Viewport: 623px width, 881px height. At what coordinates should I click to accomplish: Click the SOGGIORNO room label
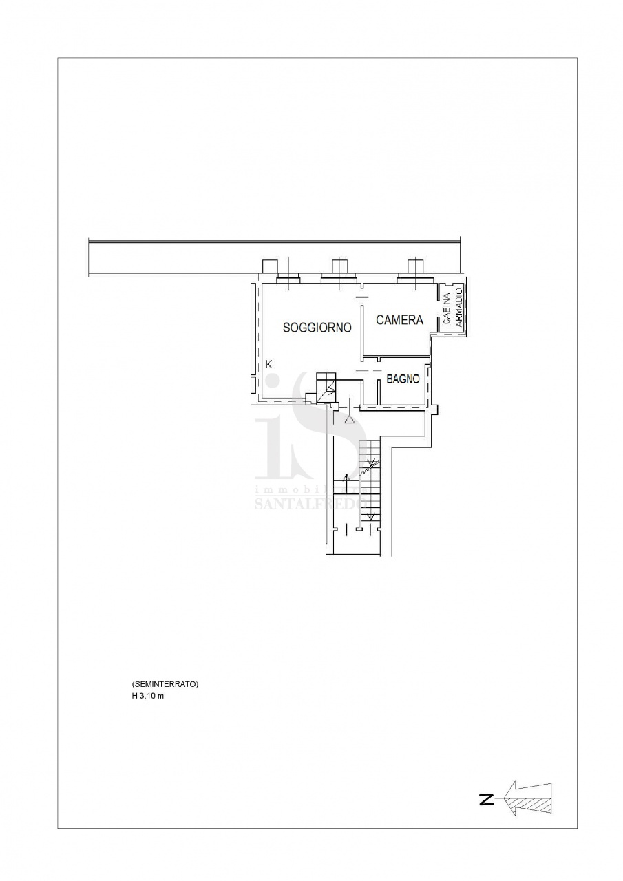pos(317,328)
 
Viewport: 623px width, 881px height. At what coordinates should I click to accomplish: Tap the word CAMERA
pos(399,320)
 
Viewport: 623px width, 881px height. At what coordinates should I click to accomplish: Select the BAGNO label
pos(403,379)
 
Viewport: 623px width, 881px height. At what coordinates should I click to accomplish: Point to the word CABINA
pos(446,309)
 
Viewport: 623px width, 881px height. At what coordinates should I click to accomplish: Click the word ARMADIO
pos(458,307)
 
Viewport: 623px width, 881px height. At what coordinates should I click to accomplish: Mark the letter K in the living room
pos(269,364)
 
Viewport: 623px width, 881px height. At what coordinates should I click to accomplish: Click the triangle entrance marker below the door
pos(349,421)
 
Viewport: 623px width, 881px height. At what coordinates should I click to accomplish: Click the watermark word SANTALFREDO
pos(310,503)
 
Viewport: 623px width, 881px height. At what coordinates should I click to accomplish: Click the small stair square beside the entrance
pos(326,388)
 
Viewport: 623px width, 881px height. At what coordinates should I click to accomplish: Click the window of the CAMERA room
pos(415,279)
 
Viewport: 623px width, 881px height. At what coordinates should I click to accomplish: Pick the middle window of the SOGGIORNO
pos(339,279)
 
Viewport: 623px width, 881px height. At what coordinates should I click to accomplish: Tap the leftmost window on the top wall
pos(288,279)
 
